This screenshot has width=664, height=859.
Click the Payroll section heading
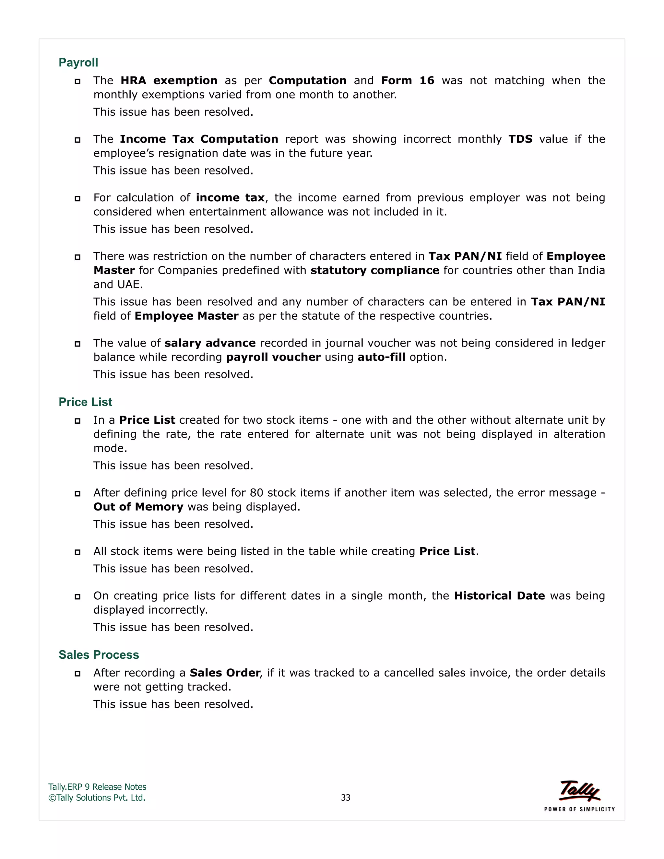click(x=78, y=63)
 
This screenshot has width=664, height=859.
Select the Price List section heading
click(x=85, y=402)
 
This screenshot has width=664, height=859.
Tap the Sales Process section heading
click(x=99, y=654)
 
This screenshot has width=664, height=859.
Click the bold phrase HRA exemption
click(x=169, y=81)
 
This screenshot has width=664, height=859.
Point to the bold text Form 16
click(x=408, y=81)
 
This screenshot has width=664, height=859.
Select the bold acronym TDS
click(x=520, y=139)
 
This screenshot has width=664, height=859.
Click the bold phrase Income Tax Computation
click(x=199, y=139)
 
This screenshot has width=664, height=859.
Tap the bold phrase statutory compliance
click(x=374, y=271)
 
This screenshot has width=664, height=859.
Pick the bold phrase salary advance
click(x=210, y=343)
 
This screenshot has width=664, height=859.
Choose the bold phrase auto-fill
click(x=381, y=357)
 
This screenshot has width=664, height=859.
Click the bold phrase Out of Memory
click(x=138, y=507)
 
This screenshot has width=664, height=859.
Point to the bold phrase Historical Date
click(x=499, y=596)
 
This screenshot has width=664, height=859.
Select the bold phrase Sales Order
click(x=225, y=673)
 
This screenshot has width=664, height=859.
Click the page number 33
click(x=345, y=798)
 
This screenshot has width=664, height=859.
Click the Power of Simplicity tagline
click(x=579, y=809)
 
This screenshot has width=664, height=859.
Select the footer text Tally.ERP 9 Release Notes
click(x=97, y=787)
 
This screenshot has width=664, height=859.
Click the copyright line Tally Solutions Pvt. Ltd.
click(x=97, y=798)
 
